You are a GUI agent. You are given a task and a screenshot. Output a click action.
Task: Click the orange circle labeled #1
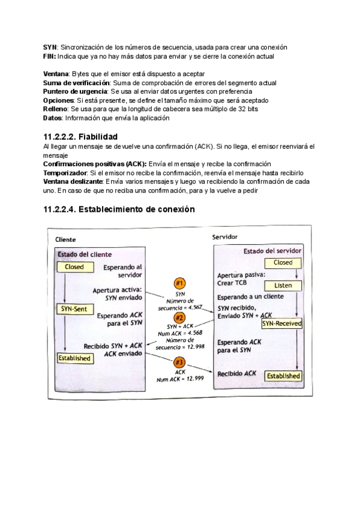[x=179, y=283]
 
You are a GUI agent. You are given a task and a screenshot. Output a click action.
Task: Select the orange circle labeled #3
[x=179, y=363]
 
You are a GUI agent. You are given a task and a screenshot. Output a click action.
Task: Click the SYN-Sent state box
[x=74, y=309]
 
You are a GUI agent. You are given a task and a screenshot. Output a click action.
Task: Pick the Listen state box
[x=283, y=285]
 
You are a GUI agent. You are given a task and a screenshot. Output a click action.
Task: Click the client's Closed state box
[x=74, y=267]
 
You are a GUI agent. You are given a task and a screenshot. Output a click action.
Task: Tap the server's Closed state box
[x=283, y=262]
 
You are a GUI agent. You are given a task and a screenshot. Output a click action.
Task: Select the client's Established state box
[x=74, y=358]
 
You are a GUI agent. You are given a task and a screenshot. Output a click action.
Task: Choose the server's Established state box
[x=283, y=376]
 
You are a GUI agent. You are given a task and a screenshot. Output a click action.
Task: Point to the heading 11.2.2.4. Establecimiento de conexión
[x=119, y=209]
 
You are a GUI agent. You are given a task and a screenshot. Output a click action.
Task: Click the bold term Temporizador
[x=65, y=173]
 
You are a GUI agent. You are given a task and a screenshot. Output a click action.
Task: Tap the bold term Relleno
[x=55, y=109]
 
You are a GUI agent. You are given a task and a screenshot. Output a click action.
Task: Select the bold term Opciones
[x=58, y=100]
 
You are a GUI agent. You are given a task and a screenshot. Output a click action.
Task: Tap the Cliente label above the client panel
[x=66, y=239]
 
